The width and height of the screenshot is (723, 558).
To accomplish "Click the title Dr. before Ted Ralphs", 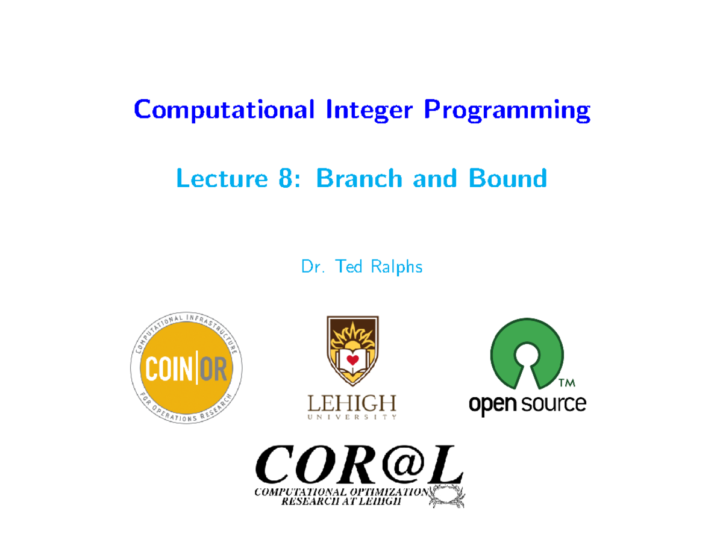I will click(x=311, y=266).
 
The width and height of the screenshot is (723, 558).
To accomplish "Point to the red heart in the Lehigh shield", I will click(x=352, y=360).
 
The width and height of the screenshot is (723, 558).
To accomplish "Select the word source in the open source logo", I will click(x=554, y=403).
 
